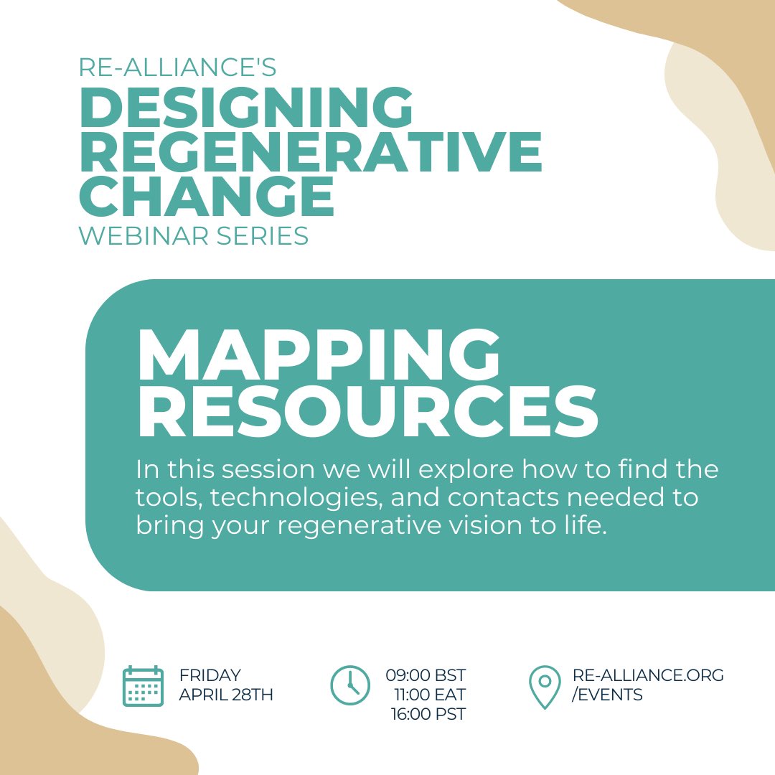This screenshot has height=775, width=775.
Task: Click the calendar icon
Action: [143, 686]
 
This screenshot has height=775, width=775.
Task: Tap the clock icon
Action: [350, 685]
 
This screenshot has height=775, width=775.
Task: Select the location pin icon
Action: [545, 686]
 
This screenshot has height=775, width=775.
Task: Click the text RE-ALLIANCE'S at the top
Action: [177, 67]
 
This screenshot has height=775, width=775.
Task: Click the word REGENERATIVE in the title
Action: [310, 152]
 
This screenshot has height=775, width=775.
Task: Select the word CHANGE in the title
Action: [207, 194]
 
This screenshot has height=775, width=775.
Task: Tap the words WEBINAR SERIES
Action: [194, 235]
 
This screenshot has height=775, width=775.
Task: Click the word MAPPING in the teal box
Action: [318, 357]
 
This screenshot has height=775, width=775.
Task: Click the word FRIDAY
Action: [210, 675]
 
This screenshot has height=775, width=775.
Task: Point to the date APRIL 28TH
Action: [226, 695]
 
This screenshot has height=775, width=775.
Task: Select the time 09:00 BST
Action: [426, 675]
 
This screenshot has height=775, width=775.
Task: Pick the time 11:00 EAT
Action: [429, 695]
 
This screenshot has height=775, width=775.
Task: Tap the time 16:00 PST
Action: [428, 714]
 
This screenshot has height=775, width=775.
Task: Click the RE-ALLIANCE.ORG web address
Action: [648, 675]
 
